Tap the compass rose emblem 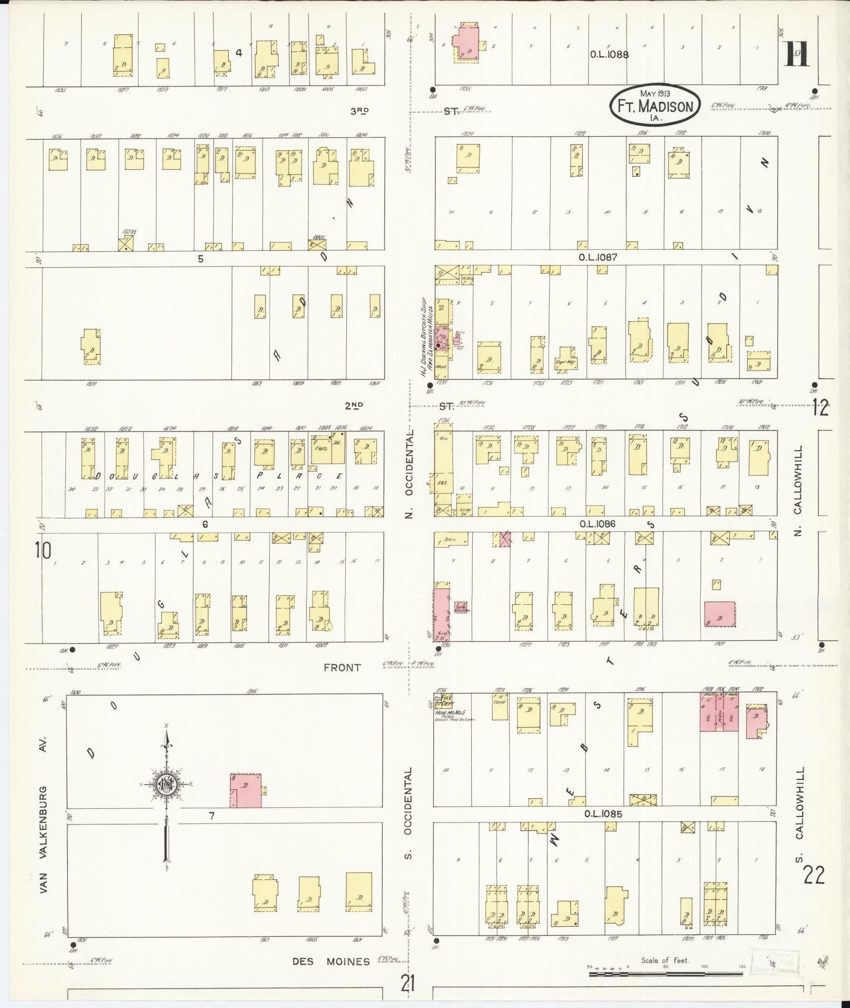pyautogui.click(x=167, y=784)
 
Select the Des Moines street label pyautogui.click(x=331, y=962)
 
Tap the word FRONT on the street pyautogui.click(x=343, y=668)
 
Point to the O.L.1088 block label pyautogui.click(x=609, y=54)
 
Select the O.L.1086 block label pyautogui.click(x=597, y=524)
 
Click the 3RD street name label pyautogui.click(x=359, y=111)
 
